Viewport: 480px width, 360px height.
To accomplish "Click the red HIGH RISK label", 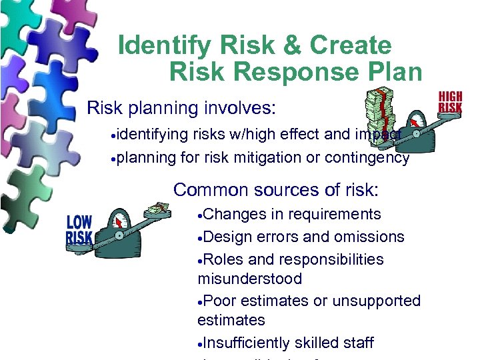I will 450,102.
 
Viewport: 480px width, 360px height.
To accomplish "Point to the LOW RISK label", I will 79,231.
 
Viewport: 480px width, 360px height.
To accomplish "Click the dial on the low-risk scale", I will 120,223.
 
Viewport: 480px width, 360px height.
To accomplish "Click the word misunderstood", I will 249,279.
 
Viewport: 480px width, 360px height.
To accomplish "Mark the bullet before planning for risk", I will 116,159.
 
